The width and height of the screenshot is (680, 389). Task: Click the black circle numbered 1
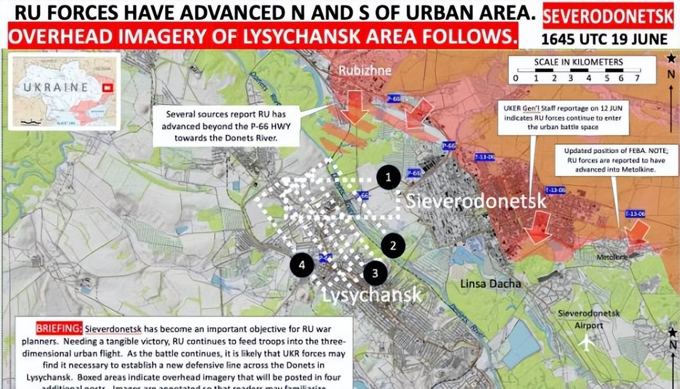coord(388,177)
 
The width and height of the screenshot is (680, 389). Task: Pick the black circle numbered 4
coord(301,264)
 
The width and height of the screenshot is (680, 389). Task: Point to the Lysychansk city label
coord(372,294)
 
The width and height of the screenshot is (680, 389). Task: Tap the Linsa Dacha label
coord(490,283)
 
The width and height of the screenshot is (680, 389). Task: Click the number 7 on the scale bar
coord(637,79)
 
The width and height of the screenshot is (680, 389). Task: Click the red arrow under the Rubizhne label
coord(356,106)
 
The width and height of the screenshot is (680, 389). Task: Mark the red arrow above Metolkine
coord(638,231)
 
